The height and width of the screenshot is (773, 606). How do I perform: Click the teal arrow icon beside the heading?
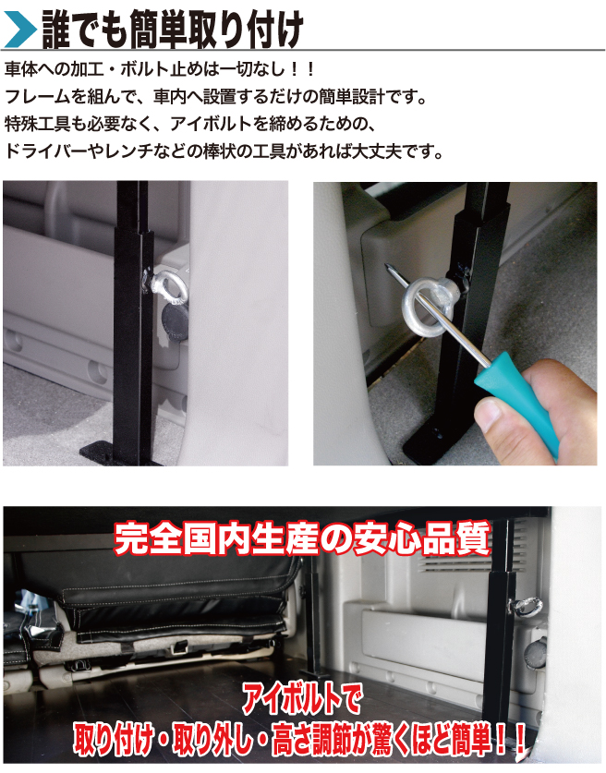click(x=19, y=30)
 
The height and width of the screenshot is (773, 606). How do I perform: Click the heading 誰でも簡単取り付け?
click(x=173, y=30)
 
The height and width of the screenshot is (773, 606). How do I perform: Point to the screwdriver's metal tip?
click(x=386, y=268)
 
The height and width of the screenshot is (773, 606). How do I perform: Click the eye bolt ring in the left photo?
click(x=170, y=288)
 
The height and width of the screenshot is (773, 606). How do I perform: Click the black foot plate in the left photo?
click(x=118, y=453)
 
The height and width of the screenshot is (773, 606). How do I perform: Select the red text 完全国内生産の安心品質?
click(x=302, y=537)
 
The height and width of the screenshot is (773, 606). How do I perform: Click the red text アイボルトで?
click(x=301, y=699)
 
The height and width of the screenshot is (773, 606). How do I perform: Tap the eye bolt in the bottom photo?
click(x=527, y=607)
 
